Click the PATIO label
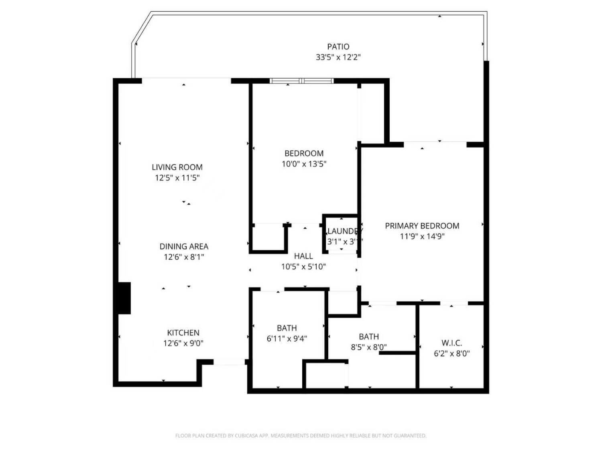pyautogui.click(x=338, y=47)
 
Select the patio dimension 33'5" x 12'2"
pyautogui.click(x=338, y=57)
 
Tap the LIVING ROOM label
pyautogui.click(x=177, y=167)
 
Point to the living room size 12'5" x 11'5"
pyautogui.click(x=177, y=178)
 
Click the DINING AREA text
pyautogui.click(x=184, y=246)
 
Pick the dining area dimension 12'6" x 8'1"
pyautogui.click(x=184, y=257)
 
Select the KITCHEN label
pyautogui.click(x=183, y=333)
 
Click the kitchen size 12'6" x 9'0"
pyautogui.click(x=183, y=343)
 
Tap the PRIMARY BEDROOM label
pyautogui.click(x=422, y=226)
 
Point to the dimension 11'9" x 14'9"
pyautogui.click(x=422, y=236)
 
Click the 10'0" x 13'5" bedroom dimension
pyautogui.click(x=304, y=164)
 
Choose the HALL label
pyautogui.click(x=303, y=256)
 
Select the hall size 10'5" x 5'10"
pyautogui.click(x=303, y=266)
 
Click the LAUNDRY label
pyautogui.click(x=344, y=231)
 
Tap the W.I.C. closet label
pyautogui.click(x=451, y=343)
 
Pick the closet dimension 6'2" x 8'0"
pyautogui.click(x=451, y=353)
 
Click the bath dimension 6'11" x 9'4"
pyautogui.click(x=287, y=339)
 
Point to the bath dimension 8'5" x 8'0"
pyautogui.click(x=368, y=347)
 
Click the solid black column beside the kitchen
pyautogui.click(x=124, y=298)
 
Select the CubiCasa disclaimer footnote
pyautogui.click(x=301, y=436)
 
